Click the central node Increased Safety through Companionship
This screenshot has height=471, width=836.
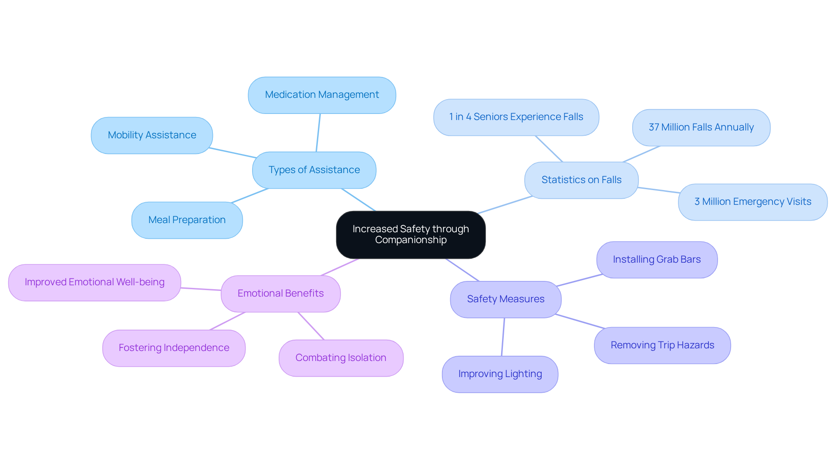tap(411, 234)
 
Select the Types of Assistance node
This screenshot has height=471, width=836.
tap(314, 170)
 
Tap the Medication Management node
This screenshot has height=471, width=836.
tap(322, 95)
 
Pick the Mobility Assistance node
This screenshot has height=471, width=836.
tap(152, 135)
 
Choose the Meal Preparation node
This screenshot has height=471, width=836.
tap(187, 220)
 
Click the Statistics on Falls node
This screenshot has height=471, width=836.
tap(581, 180)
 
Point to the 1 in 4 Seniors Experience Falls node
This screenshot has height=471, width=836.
tap(516, 117)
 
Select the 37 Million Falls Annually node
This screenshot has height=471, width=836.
tap(701, 127)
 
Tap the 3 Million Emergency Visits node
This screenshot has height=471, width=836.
tap(752, 202)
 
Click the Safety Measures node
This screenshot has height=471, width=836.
tap(506, 299)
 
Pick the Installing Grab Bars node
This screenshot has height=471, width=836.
tap(657, 260)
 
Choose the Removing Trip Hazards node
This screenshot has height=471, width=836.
tap(662, 345)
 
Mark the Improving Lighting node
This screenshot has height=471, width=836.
tap(500, 374)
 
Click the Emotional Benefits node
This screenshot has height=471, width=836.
tap(280, 294)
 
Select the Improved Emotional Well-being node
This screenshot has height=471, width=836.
tap(94, 282)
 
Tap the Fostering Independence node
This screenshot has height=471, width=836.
tap(174, 348)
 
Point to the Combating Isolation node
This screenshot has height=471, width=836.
tap(341, 358)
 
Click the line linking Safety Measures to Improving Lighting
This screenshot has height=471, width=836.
tap(503, 337)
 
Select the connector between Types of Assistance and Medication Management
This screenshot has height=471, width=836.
tap(318, 133)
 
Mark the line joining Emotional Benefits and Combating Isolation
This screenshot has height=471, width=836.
tap(311, 326)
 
